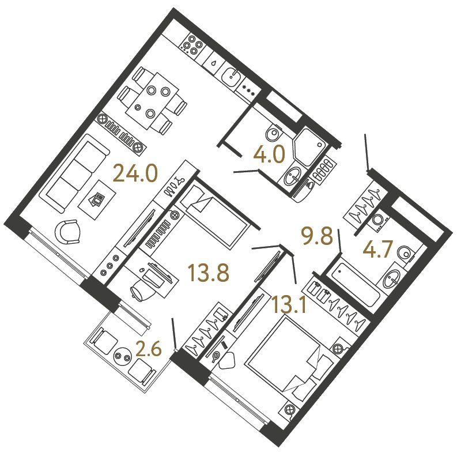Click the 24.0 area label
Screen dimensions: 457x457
coord(135,173)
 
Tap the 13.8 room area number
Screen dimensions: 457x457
coord(209,273)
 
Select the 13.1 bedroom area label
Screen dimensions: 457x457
coord(289,303)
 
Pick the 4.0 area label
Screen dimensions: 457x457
coord(269,154)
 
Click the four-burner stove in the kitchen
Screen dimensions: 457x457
coord(191,44)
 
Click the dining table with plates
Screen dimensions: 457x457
coord(153,101)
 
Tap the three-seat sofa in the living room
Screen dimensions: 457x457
coord(74,172)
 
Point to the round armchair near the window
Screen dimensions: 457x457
coord(68,232)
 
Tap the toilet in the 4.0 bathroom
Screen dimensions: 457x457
coord(274,134)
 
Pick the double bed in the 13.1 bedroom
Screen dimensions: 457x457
coord(288,354)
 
